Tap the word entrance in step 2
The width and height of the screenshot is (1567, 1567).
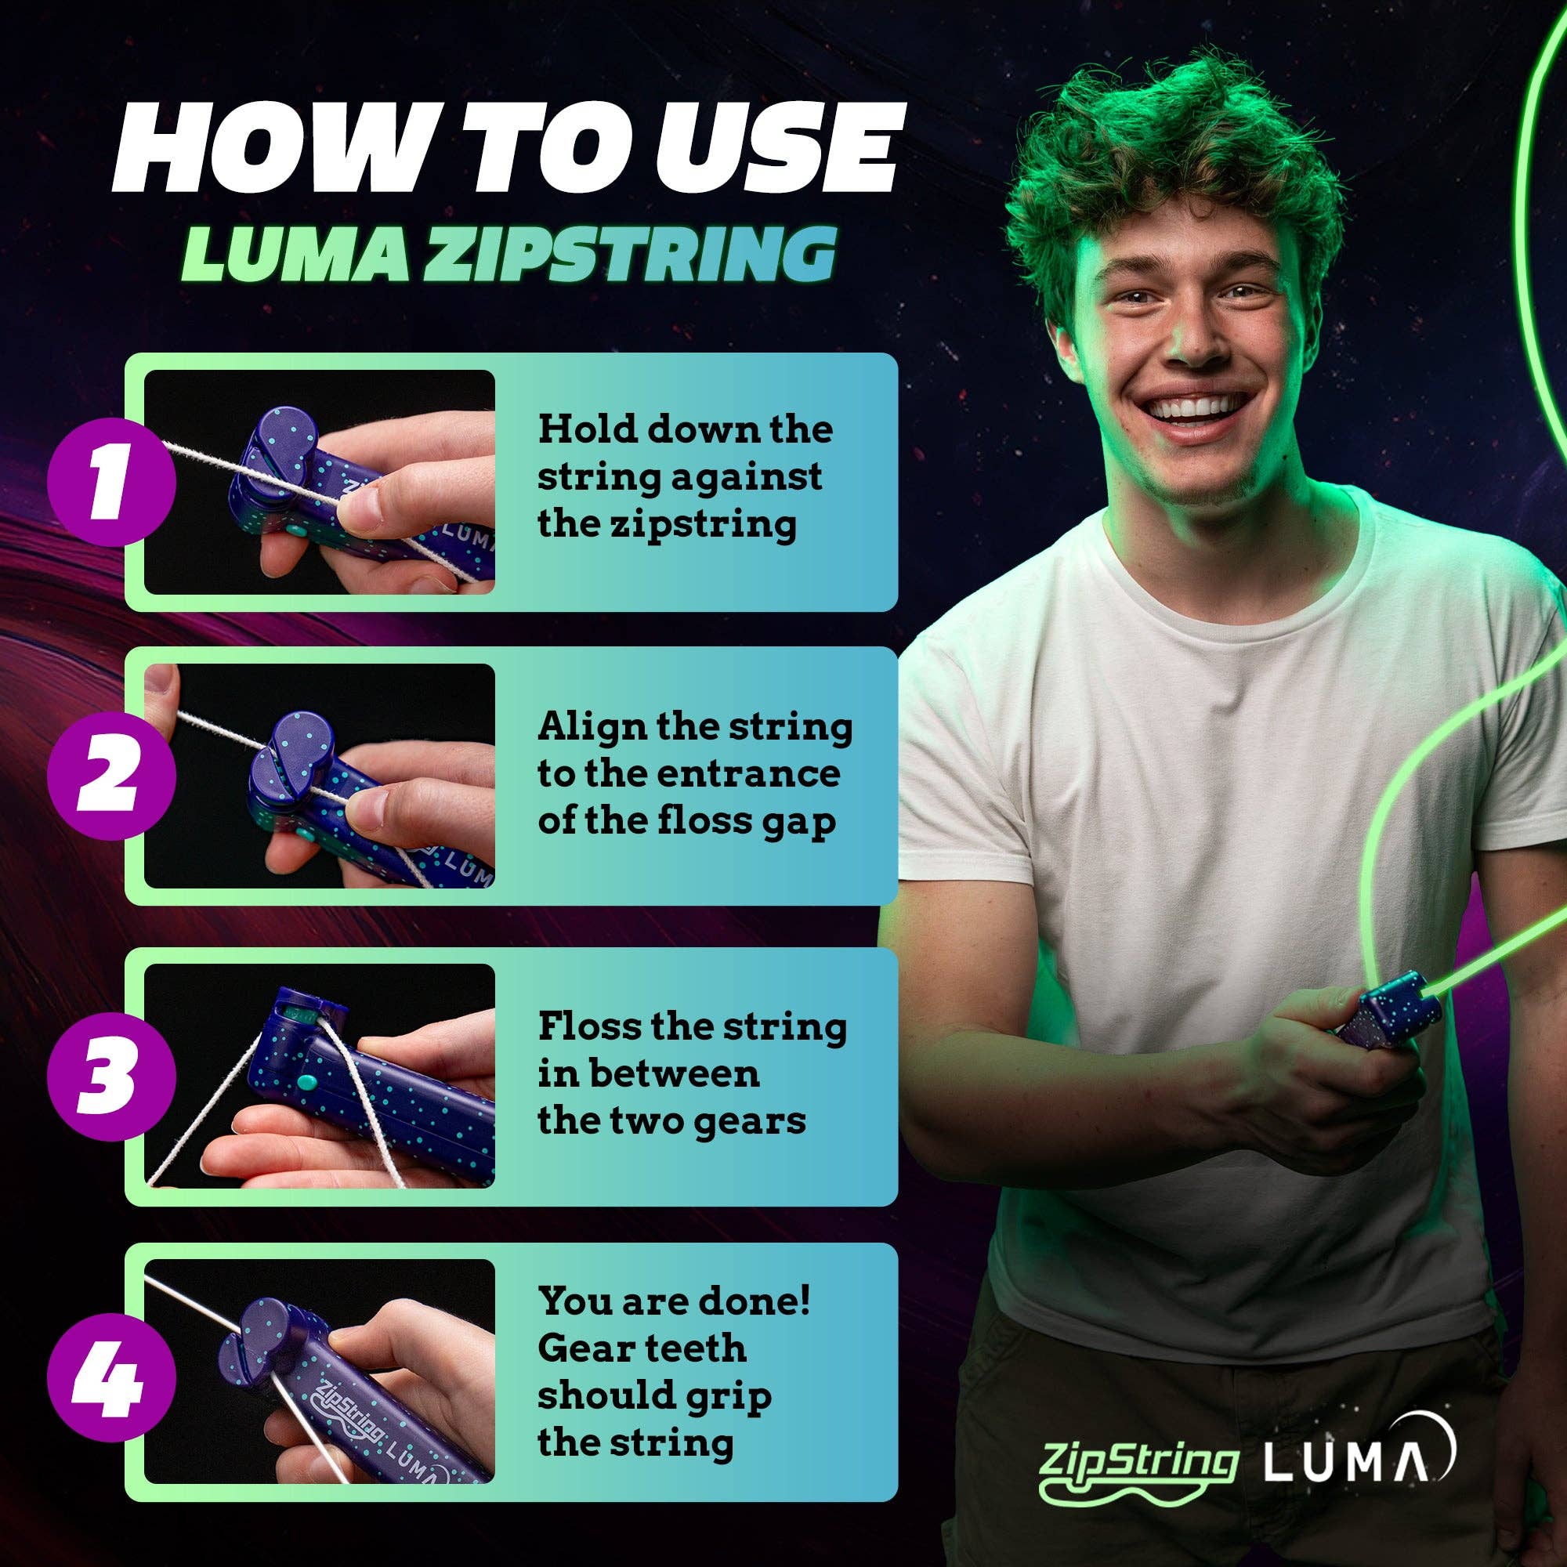pos(747,774)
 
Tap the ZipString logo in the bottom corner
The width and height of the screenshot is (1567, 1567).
pos(1138,1460)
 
